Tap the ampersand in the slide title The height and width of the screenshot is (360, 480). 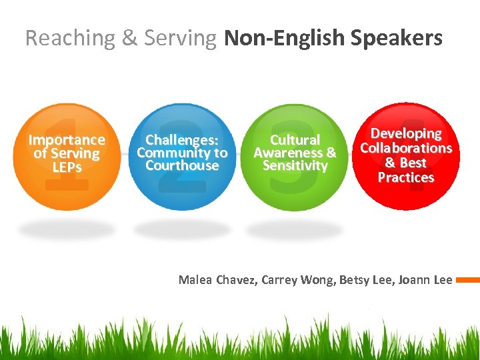coord(129,38)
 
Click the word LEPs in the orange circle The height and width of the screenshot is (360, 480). coord(66,167)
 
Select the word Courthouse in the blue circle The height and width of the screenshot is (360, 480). coord(182,166)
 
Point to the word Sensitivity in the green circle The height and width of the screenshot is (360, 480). coord(295,166)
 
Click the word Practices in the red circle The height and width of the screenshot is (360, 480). coord(405,177)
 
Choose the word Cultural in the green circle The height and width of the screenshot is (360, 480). coord(295,140)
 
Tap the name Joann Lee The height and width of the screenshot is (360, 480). coord(425,279)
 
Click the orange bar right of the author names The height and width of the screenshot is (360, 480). coord(468,280)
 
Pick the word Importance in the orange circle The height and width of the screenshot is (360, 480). coord(66,140)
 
